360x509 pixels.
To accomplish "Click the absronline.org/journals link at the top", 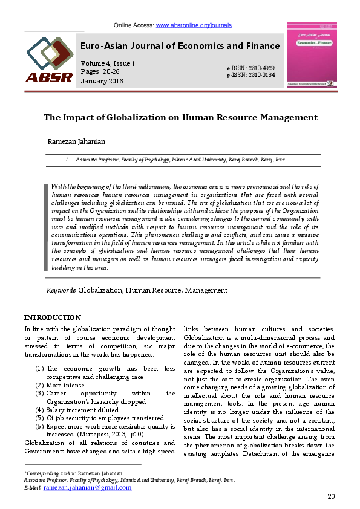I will [x=194, y=25].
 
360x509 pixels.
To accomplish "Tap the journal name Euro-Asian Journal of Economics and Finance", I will [x=180, y=46].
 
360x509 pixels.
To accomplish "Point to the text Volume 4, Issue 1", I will [x=108, y=63].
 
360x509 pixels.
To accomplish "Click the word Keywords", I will [x=61, y=290].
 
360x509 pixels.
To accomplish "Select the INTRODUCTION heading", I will [x=52, y=317].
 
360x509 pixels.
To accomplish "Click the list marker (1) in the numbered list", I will [x=39, y=368].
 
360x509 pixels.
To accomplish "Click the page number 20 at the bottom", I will [x=331, y=496].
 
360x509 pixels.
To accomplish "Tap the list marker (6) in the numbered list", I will [x=39, y=426].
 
